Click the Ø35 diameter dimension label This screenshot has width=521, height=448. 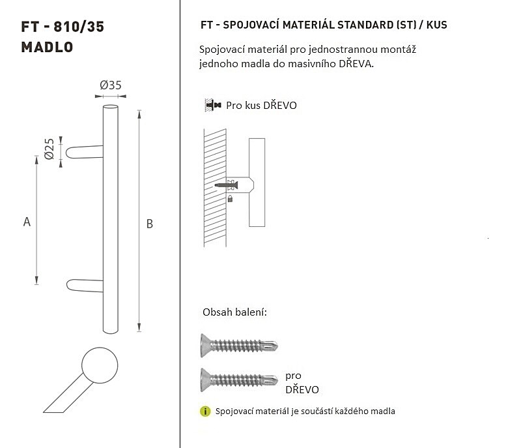point(111,85)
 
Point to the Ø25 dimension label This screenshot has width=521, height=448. point(49,149)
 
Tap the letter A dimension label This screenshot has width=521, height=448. point(27,222)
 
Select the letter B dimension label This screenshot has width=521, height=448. point(150,224)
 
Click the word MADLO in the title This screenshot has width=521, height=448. point(47,47)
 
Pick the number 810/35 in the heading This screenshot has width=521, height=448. point(79,27)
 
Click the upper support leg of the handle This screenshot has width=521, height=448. point(85,152)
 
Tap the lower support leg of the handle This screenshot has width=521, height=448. point(85,286)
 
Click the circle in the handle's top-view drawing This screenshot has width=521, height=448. point(100,365)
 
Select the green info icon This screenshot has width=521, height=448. point(205,411)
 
